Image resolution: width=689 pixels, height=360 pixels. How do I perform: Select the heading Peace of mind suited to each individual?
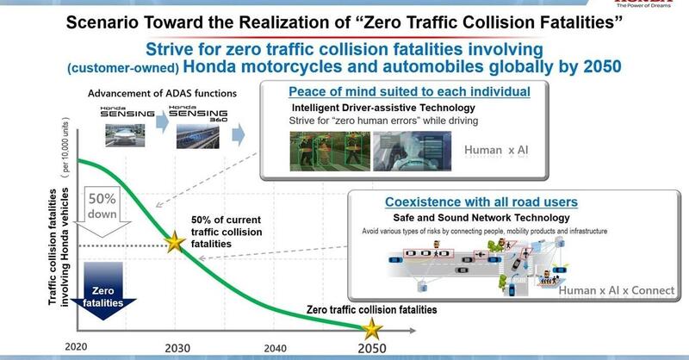(409, 91)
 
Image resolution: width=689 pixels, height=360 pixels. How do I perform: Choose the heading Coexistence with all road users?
(481, 202)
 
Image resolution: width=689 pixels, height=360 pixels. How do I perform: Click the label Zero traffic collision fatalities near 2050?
(372, 308)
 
